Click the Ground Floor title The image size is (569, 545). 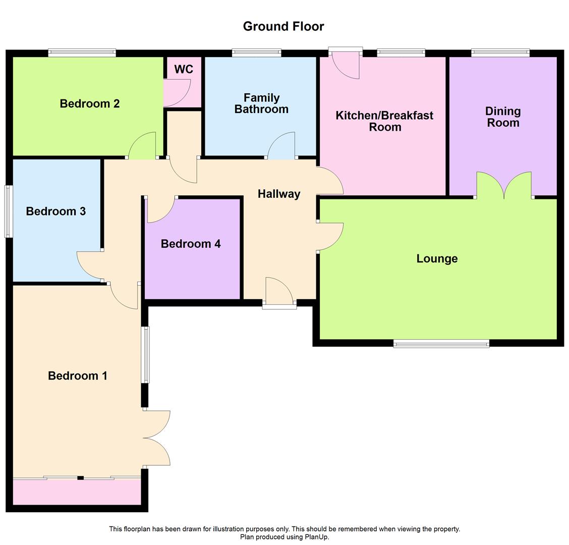click(x=283, y=26)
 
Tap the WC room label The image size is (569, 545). click(x=184, y=69)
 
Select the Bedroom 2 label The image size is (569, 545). click(x=90, y=103)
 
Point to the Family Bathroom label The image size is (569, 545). click(x=261, y=103)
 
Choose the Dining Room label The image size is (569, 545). click(x=503, y=117)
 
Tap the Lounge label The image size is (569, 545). click(x=437, y=259)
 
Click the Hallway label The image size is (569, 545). click(x=279, y=194)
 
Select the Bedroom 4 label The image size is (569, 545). click(x=191, y=244)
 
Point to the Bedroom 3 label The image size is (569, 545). click(x=56, y=211)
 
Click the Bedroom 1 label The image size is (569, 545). click(x=78, y=376)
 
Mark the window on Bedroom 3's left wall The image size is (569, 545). click(x=8, y=211)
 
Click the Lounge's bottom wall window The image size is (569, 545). click(x=441, y=344)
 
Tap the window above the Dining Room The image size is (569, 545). click(x=500, y=52)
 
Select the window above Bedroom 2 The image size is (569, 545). click(x=82, y=52)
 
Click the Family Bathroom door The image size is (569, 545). click(x=281, y=146)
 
